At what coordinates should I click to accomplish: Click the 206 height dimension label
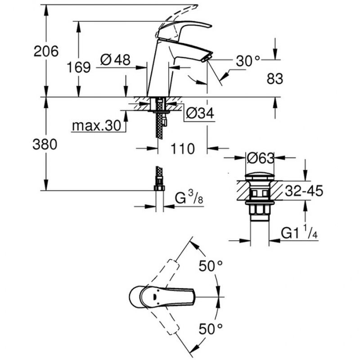coord(46,51)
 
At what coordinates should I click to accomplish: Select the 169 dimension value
coord(78,67)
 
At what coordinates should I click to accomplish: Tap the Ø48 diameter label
coord(116,60)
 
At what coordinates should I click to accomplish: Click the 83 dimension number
coord(275,79)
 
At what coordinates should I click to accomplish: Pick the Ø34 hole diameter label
coord(200,113)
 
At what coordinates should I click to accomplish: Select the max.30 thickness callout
coord(96,126)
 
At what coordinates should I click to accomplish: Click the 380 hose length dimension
coord(45,144)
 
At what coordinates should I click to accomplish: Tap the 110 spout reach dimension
coord(183,148)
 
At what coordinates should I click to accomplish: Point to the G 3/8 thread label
coord(189,198)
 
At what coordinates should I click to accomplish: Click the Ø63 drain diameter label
coord(261,158)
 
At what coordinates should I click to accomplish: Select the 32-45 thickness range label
coord(304,190)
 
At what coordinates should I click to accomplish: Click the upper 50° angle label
coord(211,266)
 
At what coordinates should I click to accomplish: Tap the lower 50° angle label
coord(211,328)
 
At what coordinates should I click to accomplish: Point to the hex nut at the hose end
coord(159,188)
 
